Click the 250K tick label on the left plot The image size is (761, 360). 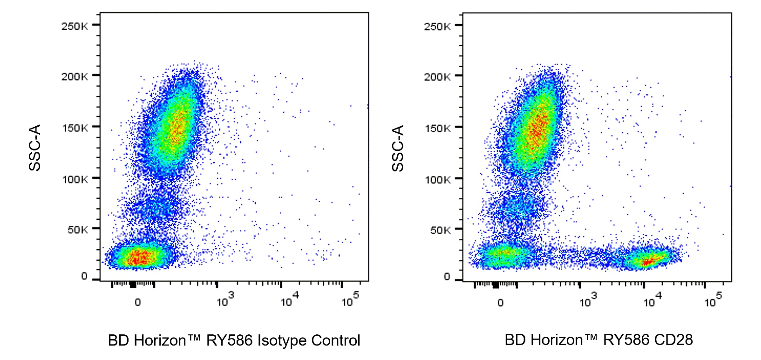tap(74, 26)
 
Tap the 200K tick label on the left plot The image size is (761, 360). tap(74, 76)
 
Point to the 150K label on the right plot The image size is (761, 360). tap(437, 128)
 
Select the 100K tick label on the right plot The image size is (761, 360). tap(437, 179)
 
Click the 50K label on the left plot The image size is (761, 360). tap(77, 230)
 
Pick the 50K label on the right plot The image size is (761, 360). tap(440, 230)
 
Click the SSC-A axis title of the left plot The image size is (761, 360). tap(35, 148)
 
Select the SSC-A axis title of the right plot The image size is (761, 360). tap(398, 148)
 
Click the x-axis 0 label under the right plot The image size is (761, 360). tap(500, 303)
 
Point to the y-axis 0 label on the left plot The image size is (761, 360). tap(84, 276)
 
